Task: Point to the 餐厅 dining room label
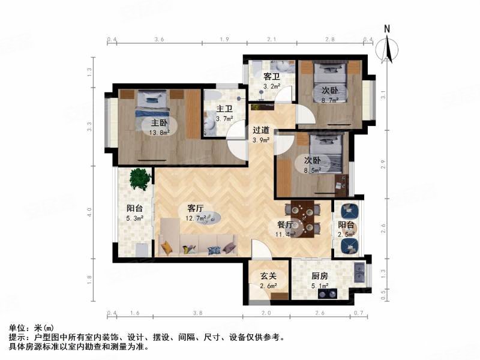click(x=284, y=225)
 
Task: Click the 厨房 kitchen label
click(x=320, y=277)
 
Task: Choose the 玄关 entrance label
click(x=268, y=277)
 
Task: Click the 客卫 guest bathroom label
click(x=272, y=77)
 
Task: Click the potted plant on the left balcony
click(x=139, y=178)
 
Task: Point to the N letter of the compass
click(x=388, y=28)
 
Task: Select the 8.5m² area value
click(x=312, y=170)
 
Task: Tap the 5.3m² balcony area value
click(x=135, y=218)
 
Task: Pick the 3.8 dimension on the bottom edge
click(x=198, y=313)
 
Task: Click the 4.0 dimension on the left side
click(x=89, y=212)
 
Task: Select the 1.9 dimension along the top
click(x=223, y=40)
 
